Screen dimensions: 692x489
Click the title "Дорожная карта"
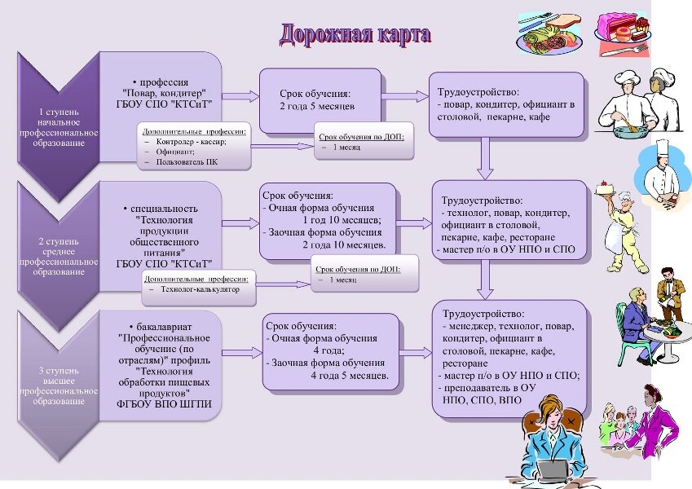click(355, 34)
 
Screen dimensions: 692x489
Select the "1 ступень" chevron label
click(59, 112)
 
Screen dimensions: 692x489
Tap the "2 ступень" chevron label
click(59, 241)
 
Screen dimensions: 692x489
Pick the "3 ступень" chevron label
click(59, 371)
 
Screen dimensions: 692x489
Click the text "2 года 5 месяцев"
click(317, 107)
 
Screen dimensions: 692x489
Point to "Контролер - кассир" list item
click(191, 142)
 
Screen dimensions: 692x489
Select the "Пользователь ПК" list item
click(186, 162)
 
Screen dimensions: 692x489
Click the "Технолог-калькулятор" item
click(200, 289)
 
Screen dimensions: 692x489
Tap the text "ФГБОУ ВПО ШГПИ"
click(164, 403)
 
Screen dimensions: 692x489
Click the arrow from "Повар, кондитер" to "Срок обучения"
click(240, 96)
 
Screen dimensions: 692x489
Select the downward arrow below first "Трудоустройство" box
click(485, 158)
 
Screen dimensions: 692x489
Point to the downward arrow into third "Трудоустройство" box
click(485, 280)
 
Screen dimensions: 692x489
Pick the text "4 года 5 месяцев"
click(350, 376)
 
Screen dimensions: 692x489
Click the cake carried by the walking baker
click(605, 187)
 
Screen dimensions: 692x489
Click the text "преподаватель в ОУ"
click(489, 388)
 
